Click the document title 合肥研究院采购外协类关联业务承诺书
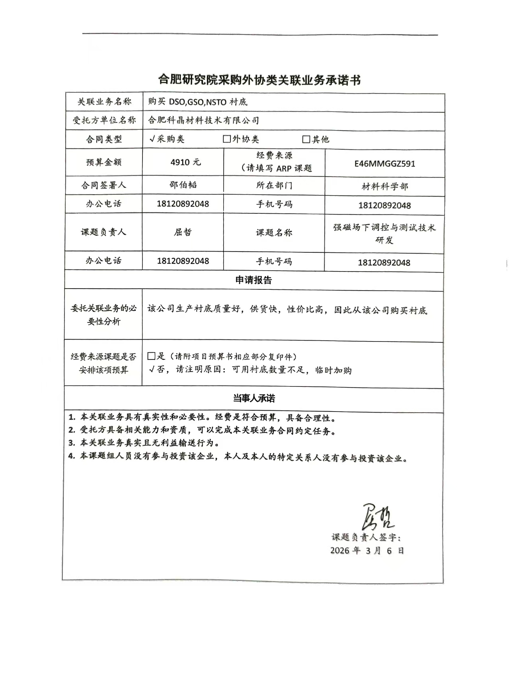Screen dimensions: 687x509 pos(259,80)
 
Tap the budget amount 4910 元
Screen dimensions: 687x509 pos(185,162)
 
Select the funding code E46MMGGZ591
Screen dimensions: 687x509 pos(384,164)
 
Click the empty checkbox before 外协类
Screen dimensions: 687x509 pos(227,139)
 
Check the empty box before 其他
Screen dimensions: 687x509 pos(306,139)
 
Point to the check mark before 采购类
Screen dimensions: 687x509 pos(152,139)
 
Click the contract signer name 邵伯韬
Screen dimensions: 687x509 pos(183,185)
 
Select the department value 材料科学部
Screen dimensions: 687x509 pos(384,187)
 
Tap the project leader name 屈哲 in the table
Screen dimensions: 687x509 pos(183,232)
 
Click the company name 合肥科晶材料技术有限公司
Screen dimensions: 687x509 pos(203,120)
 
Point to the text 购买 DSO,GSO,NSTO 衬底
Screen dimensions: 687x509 pos(198,102)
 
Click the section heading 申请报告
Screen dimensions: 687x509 pos(254,280)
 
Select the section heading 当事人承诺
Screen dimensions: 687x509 pos(254,398)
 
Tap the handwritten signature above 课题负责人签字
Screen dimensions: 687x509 pos(377,517)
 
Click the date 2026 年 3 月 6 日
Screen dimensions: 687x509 pos(367,550)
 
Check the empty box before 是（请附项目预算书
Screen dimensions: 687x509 pos(151,356)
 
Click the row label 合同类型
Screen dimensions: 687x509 pos(104,139)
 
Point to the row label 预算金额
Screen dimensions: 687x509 pos(104,162)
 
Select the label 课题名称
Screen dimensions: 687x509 pos(274,232)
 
